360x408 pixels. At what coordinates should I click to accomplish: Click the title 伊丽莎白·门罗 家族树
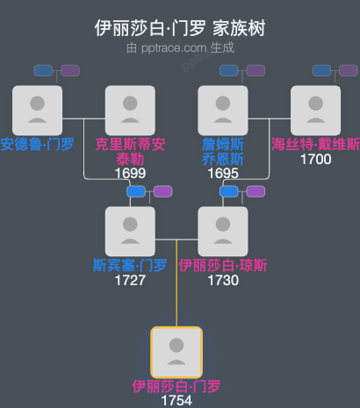click(x=180, y=28)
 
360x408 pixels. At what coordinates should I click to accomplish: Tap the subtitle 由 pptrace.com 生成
click(x=180, y=47)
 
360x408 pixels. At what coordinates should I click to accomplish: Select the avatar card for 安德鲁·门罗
click(x=37, y=110)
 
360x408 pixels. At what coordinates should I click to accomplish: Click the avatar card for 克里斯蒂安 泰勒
click(x=130, y=110)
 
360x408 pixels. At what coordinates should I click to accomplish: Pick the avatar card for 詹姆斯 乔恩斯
click(x=223, y=110)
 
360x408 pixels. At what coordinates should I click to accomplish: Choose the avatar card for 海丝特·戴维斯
click(x=315, y=110)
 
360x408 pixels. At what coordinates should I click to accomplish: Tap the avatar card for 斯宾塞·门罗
click(x=130, y=231)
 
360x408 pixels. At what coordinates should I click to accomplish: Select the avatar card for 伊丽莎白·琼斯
click(x=223, y=231)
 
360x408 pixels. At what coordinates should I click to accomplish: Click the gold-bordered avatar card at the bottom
click(x=176, y=352)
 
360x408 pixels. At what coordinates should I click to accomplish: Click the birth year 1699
click(x=130, y=174)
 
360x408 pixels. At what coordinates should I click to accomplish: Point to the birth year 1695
click(x=223, y=174)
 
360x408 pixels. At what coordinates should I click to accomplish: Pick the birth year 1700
click(x=315, y=160)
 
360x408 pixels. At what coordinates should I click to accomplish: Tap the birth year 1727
click(x=130, y=281)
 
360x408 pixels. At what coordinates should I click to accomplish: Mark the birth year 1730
click(x=223, y=281)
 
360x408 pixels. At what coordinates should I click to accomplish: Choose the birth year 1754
click(x=176, y=401)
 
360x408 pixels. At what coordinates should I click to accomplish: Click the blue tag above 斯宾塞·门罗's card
click(x=135, y=191)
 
